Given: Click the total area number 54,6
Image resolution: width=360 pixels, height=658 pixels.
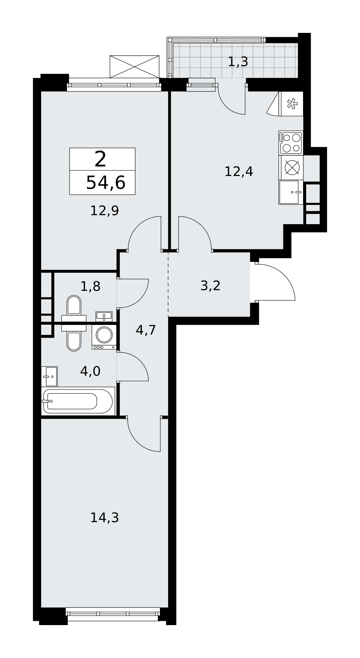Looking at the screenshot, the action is (x=106, y=183).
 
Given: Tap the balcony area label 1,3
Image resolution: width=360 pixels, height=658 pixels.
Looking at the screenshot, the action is (x=238, y=62).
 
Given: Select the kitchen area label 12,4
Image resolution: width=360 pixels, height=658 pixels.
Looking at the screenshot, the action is (x=239, y=172).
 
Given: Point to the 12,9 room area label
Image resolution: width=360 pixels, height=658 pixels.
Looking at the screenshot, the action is (x=104, y=211).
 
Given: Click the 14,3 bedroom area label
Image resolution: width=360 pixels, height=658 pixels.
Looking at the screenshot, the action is (x=104, y=518).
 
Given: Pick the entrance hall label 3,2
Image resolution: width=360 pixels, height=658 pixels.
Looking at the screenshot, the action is (x=210, y=286).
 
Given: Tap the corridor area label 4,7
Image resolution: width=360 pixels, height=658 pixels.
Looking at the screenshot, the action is (x=146, y=330).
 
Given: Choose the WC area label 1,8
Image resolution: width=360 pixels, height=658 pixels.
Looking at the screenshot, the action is (x=90, y=287).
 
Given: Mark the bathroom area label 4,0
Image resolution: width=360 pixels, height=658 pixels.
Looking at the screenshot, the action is (x=90, y=371).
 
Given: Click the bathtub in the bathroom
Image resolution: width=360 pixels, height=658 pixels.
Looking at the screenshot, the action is (x=78, y=401).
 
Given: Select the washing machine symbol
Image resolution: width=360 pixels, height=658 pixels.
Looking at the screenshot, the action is (x=104, y=337).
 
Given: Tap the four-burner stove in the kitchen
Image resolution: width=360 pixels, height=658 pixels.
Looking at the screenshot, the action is (x=291, y=143).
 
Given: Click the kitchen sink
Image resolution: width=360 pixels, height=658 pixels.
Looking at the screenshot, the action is (x=291, y=192).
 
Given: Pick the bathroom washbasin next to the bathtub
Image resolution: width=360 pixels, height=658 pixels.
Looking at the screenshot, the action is (x=49, y=376).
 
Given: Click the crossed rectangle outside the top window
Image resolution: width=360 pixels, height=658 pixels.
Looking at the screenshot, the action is (x=134, y=67).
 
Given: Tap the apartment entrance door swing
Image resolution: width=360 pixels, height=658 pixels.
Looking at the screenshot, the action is (x=275, y=282).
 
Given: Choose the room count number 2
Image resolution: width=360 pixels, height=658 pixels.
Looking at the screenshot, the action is (x=100, y=159).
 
